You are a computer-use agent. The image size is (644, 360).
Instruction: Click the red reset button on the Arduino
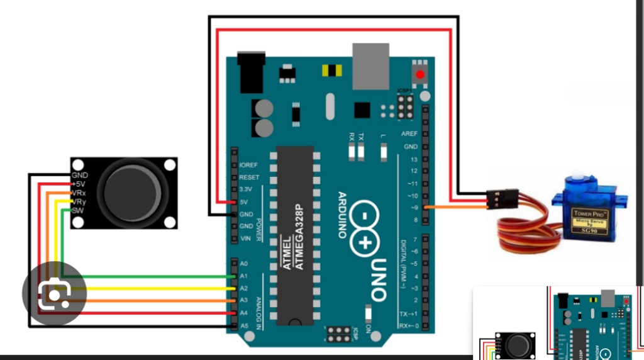tap(419, 75)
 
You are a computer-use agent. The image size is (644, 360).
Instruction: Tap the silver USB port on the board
tap(372, 65)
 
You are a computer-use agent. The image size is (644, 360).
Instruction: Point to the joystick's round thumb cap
tap(131, 189)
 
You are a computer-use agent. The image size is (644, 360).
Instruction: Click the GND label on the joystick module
tap(80, 175)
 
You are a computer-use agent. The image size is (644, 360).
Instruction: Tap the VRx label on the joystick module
tap(79, 193)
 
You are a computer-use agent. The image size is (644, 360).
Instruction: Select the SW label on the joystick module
tap(77, 210)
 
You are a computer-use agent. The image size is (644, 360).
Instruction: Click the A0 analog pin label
tap(244, 264)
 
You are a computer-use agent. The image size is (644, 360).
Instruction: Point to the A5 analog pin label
tap(244, 325)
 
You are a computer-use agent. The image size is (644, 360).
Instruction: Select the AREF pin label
tap(409, 135)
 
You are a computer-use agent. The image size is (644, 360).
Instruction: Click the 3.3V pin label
tap(246, 189)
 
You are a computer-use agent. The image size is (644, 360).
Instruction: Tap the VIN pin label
tap(246, 238)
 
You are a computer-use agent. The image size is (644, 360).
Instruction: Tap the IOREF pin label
tap(249, 165)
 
